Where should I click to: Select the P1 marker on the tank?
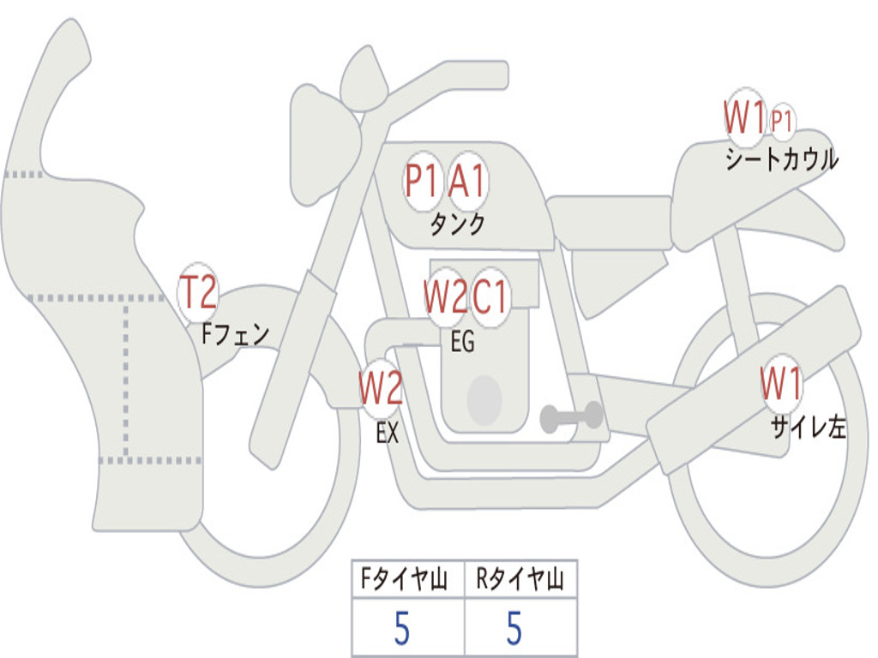[x=422, y=181]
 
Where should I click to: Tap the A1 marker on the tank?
[x=467, y=181]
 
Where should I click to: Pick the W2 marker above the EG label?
[x=445, y=297]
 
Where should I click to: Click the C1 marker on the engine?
[x=490, y=297]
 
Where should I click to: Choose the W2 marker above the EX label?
[x=380, y=389]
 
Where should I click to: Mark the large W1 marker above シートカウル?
[x=743, y=117]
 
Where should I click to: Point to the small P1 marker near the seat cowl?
[x=781, y=121]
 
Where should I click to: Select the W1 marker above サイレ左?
[x=781, y=384]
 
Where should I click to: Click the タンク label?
[x=457, y=224]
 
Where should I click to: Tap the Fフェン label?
[x=236, y=333]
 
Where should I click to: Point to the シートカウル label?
[x=781, y=159]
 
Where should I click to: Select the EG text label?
[x=462, y=343]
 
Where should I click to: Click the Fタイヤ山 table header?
[x=407, y=581]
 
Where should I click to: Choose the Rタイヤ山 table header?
[x=520, y=581]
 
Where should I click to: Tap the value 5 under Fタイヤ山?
[x=401, y=630]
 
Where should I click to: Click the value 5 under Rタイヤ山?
[x=514, y=630]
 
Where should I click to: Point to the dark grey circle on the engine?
[x=484, y=399]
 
